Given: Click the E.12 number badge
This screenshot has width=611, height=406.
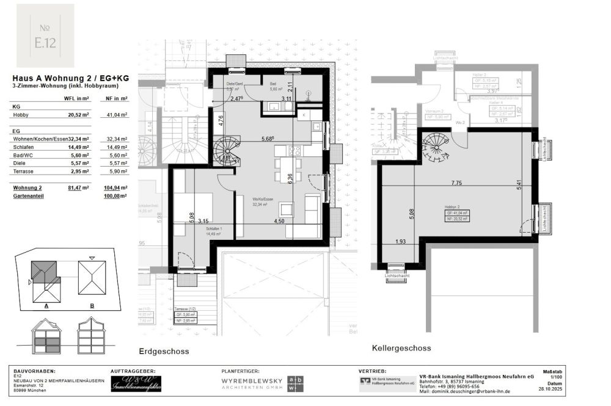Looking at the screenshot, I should click(45, 35).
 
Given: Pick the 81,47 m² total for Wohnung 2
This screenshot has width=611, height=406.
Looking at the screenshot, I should click(79, 187).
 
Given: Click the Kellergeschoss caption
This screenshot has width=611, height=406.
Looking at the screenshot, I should click(401, 348).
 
